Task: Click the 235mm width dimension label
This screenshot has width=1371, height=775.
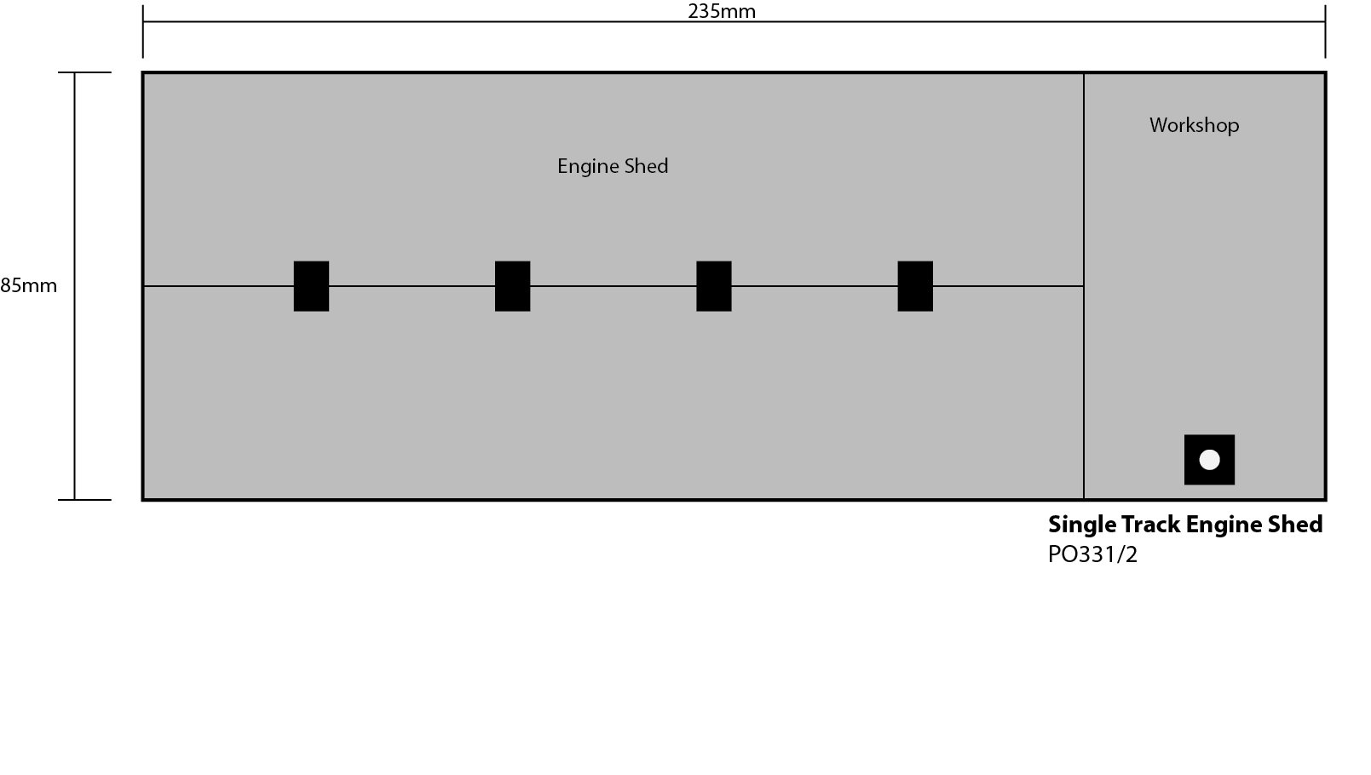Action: coord(722,11)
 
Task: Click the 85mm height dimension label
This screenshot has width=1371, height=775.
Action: coord(29,285)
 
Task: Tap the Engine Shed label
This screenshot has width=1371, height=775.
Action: coord(612,166)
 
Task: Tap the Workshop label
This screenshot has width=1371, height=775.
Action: coord(1194,125)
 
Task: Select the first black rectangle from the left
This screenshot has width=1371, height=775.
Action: coord(311,286)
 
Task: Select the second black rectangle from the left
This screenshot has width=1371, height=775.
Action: coord(512,286)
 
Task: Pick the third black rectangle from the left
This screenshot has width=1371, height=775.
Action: coord(713,286)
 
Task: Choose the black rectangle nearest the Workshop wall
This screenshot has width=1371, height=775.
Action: coord(914,286)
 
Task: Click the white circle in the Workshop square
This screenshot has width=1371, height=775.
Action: coord(1209,460)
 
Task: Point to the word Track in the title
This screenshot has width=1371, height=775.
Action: coord(1150,525)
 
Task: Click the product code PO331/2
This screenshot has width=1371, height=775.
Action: coord(1092,554)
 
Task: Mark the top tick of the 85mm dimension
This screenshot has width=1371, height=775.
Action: coord(84,73)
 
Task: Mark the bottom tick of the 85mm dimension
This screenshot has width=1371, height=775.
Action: coord(84,500)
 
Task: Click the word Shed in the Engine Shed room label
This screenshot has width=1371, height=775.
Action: coord(646,166)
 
